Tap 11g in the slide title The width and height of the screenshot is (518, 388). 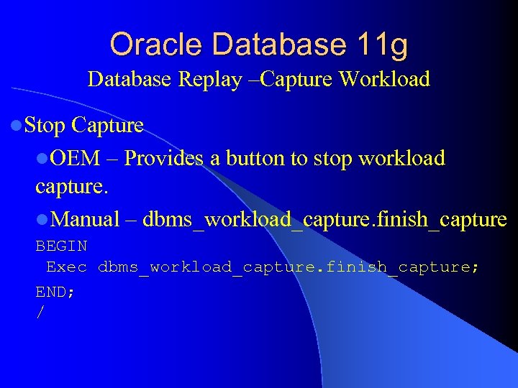pyautogui.click(x=382, y=45)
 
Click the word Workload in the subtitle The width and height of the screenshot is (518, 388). pyautogui.click(x=384, y=79)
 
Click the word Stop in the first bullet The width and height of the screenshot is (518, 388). pyautogui.click(x=45, y=126)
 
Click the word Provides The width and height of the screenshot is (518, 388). pyautogui.click(x=164, y=158)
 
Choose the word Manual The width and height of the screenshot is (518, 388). pyautogui.click(x=86, y=219)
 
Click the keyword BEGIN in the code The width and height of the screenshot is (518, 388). pyautogui.click(x=62, y=246)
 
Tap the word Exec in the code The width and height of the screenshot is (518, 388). pyautogui.click(x=67, y=267)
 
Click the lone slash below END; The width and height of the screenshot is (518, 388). pyautogui.click(x=40, y=313)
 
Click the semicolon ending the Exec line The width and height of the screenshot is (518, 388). pyautogui.click(x=474, y=268)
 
